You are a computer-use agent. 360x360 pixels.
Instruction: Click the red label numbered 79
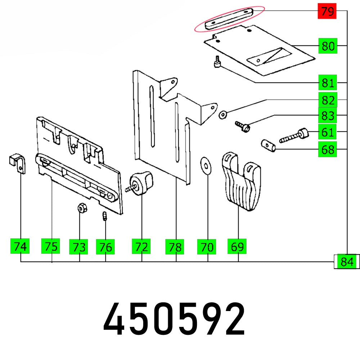click(327, 12)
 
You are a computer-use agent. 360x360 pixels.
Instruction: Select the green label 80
click(328, 46)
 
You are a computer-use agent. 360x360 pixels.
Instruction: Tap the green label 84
click(347, 262)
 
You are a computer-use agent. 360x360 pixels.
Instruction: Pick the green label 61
click(327, 132)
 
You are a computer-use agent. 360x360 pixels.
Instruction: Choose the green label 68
click(327, 149)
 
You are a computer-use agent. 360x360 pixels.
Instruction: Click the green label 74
click(20, 247)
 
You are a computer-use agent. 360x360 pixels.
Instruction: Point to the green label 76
click(105, 247)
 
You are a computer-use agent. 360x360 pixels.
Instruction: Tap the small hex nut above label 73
click(81, 208)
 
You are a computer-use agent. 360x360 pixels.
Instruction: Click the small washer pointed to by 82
click(223, 114)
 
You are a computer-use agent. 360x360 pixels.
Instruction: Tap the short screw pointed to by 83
click(242, 126)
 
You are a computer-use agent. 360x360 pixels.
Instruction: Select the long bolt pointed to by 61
click(293, 137)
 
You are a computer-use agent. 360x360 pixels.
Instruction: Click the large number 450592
click(174, 319)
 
